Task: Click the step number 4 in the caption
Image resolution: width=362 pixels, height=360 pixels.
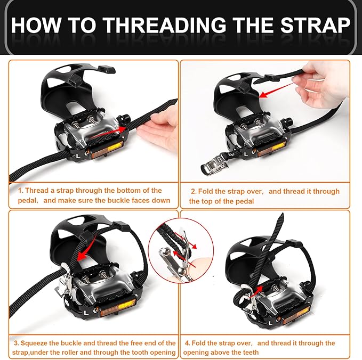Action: coord(187,343)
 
